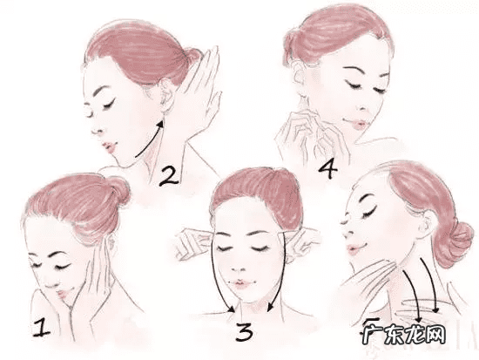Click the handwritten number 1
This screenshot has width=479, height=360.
(x=42, y=328)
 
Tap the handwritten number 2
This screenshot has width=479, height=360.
(x=169, y=176)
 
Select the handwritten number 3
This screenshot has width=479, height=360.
(x=244, y=332)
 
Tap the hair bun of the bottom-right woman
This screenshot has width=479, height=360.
(x=455, y=244)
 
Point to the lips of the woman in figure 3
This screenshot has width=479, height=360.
(x=241, y=284)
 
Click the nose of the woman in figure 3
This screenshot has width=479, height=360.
(x=239, y=266)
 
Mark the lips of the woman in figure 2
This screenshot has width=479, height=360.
(x=109, y=146)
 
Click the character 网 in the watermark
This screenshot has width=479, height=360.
(x=435, y=334)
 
